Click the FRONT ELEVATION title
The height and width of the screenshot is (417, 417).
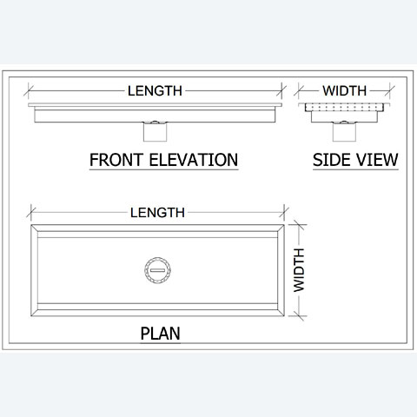click(163, 160)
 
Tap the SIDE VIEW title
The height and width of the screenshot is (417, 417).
click(355, 160)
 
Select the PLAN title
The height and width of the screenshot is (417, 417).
click(160, 334)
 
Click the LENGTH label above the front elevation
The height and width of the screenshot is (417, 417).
click(155, 91)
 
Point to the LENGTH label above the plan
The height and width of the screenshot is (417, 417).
click(157, 213)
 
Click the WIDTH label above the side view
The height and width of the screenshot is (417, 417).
click(345, 91)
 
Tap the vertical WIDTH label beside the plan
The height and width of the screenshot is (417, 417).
click(299, 270)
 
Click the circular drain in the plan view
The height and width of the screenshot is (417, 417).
click(157, 270)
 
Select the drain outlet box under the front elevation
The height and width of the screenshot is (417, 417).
click(156, 132)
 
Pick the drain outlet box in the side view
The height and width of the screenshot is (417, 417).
click(344, 132)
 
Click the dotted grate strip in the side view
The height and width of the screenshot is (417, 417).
click(344, 108)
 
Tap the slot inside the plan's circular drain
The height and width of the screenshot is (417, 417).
click(157, 270)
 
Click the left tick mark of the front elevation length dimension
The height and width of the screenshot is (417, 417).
click(29, 90)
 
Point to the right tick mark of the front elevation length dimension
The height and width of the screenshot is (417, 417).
click(281, 90)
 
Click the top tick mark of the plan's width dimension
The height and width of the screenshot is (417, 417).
click(299, 225)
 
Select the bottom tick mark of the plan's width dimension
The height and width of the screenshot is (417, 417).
click(299, 315)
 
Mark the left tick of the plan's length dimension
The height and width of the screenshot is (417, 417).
click(31, 212)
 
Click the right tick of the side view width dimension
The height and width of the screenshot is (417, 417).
click(390, 90)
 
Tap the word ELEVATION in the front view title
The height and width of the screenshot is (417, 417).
click(194, 160)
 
